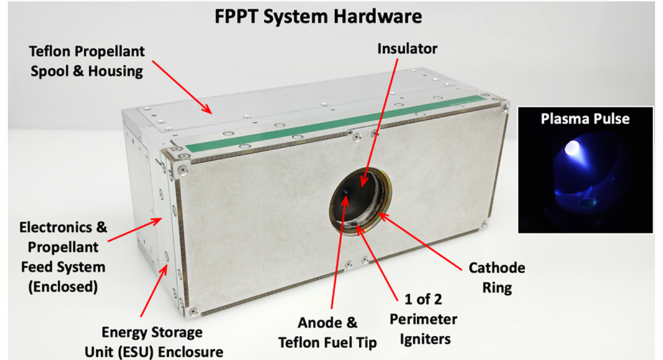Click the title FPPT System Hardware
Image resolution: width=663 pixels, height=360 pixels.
[x=318, y=17]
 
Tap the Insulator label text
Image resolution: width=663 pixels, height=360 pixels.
[x=407, y=48]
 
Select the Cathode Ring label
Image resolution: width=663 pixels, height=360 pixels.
[x=497, y=277]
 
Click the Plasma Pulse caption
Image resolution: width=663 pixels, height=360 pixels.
[x=585, y=119]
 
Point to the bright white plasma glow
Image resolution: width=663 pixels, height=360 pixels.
[x=572, y=148]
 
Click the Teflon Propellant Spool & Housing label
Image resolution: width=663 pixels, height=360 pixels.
[x=87, y=61]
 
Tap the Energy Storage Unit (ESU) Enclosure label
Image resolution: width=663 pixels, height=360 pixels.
[x=153, y=342]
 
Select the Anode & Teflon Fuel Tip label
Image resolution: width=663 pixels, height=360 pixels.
[x=327, y=333]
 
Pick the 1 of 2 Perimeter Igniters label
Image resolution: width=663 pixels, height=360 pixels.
[x=423, y=319]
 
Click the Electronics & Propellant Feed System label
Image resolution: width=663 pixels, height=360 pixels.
[x=63, y=256]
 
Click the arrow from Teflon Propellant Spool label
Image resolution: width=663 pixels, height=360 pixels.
[x=183, y=87]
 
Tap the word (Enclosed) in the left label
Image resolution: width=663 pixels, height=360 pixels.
[x=63, y=287]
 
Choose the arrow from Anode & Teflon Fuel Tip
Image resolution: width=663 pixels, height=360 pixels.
[x=339, y=252]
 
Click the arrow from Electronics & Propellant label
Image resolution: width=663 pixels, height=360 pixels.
[x=135, y=230]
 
